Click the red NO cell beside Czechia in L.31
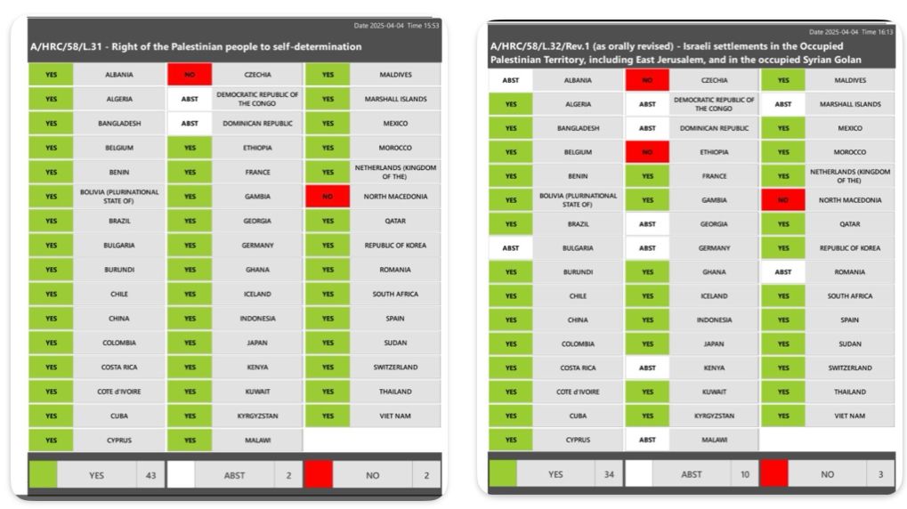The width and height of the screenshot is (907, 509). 190,75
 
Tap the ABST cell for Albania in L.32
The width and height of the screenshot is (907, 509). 510,80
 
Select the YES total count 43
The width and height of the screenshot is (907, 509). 150,475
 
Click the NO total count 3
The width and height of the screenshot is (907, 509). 880,474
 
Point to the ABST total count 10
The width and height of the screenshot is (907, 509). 745,474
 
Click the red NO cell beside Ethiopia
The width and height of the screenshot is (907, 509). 647,152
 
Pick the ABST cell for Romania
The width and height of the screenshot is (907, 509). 782,272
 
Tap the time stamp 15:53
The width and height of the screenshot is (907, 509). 431,26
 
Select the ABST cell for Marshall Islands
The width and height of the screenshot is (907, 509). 782,104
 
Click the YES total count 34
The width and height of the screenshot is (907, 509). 609,474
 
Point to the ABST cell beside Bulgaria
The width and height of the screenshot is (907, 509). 510,248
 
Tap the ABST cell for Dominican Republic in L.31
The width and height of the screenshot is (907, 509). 190,124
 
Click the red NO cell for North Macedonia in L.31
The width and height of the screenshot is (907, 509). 328,197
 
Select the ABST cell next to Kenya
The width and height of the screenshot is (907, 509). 647,368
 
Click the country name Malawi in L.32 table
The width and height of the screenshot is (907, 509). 714,440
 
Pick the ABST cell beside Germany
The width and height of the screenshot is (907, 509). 647,248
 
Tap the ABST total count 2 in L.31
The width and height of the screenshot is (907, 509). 288,475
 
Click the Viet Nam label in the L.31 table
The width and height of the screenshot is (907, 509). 395,416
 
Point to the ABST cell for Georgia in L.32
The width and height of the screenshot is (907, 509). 647,224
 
